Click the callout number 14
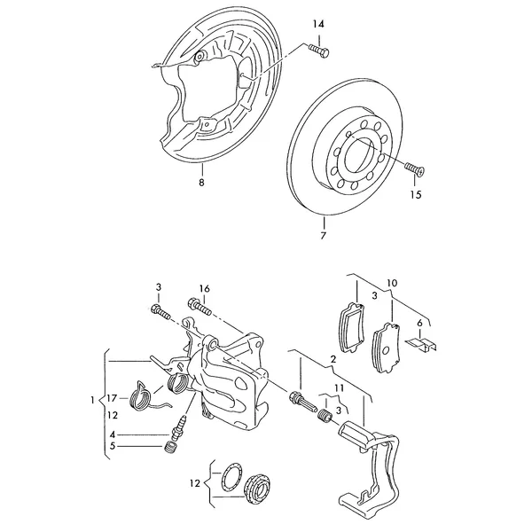pos(318,24)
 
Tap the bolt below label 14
pos(319,51)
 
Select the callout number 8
pos(201,183)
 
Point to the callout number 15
pos(416,195)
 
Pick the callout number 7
pos(323,235)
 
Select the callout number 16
pos(205,289)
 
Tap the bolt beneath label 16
pos(199,306)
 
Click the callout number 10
pos(392,283)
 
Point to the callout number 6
pos(419,324)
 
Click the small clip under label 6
pos(421,344)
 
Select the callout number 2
pos(333,359)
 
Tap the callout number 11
pos(340,387)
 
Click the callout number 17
pos(112,398)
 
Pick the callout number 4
pos(113,434)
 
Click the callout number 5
pos(113,446)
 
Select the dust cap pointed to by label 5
pos(170,448)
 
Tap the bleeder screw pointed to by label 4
pos(179,426)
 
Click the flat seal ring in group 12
pos(230,479)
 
